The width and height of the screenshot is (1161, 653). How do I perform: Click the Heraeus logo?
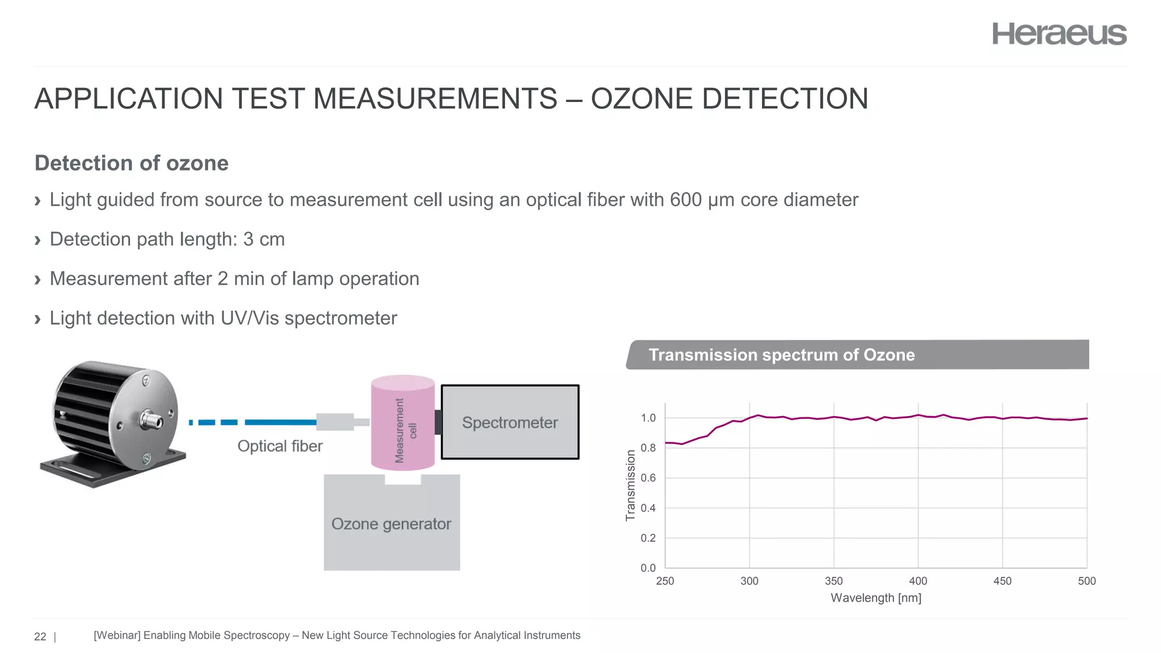point(1059,34)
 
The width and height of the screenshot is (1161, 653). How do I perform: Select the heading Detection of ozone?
point(132,163)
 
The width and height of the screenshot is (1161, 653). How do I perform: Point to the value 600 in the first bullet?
point(685,200)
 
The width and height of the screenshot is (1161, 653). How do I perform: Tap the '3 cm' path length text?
point(264,239)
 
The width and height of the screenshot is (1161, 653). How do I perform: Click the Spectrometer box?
point(510,422)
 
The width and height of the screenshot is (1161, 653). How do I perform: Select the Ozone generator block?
point(391,523)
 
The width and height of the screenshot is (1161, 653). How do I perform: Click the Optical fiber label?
point(279,446)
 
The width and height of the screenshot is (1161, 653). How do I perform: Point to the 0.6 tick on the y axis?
point(648,478)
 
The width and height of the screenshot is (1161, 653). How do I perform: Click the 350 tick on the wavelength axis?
point(833,581)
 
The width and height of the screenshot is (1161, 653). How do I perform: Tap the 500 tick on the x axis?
point(1086,581)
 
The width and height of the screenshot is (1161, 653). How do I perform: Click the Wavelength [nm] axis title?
point(876,598)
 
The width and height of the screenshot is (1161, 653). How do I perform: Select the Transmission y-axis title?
point(630,485)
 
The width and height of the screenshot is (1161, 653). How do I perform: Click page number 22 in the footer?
point(40,637)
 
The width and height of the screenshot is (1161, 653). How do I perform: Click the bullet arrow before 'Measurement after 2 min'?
point(38,279)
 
